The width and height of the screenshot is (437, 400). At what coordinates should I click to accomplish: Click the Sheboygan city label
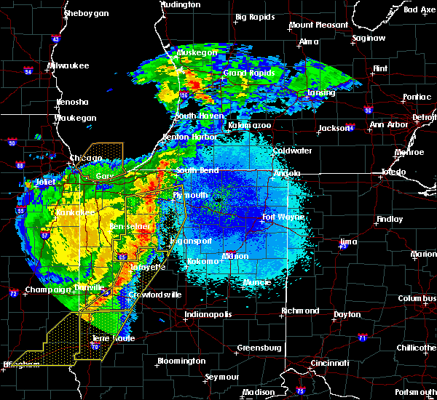tap(86, 14)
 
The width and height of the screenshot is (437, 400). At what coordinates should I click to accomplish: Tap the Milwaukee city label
tap(68, 66)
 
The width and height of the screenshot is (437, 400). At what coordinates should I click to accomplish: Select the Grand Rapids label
tap(248, 73)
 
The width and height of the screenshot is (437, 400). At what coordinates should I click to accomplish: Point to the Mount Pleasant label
tap(318, 25)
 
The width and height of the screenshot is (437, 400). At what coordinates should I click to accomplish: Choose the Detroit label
tap(424, 117)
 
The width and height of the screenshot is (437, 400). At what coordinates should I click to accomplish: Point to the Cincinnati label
tap(324, 362)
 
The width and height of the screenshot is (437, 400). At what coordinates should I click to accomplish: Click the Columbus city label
tap(417, 298)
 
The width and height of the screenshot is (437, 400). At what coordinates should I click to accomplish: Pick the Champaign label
tap(45, 290)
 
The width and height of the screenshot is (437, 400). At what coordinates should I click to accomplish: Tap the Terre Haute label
tap(112, 338)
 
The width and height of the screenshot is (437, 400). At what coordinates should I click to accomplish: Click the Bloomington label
tap(181, 361)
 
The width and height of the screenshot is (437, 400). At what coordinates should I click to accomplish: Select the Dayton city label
tap(345, 314)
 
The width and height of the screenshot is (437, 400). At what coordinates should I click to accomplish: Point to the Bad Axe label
tap(420, 9)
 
